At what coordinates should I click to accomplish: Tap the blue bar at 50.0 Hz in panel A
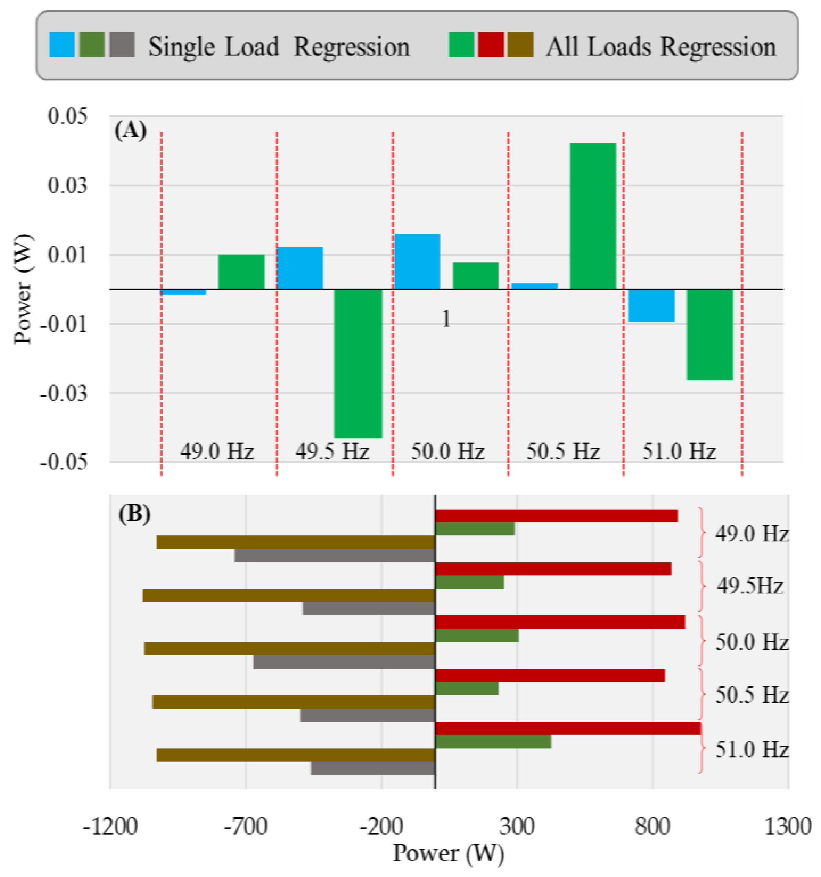pos(417,261)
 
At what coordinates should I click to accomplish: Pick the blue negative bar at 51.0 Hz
pos(651,305)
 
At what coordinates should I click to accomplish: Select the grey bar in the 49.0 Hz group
pos(334,555)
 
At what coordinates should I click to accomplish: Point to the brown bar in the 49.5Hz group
pos(289,596)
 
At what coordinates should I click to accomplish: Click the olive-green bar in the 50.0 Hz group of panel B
pos(476,635)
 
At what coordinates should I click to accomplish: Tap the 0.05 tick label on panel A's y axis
pos(68,116)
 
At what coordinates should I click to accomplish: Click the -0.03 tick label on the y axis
pos(64,393)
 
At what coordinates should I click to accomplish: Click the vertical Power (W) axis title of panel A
pos(23,289)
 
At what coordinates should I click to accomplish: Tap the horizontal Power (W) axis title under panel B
pos(448,853)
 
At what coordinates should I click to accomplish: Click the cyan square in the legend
pos(62,45)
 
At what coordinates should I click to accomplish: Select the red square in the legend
pos(491,45)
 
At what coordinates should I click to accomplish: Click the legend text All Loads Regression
pos(661,47)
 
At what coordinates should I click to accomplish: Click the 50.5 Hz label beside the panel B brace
pos(751,695)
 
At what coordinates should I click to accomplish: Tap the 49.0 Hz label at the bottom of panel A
pos(217,451)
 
